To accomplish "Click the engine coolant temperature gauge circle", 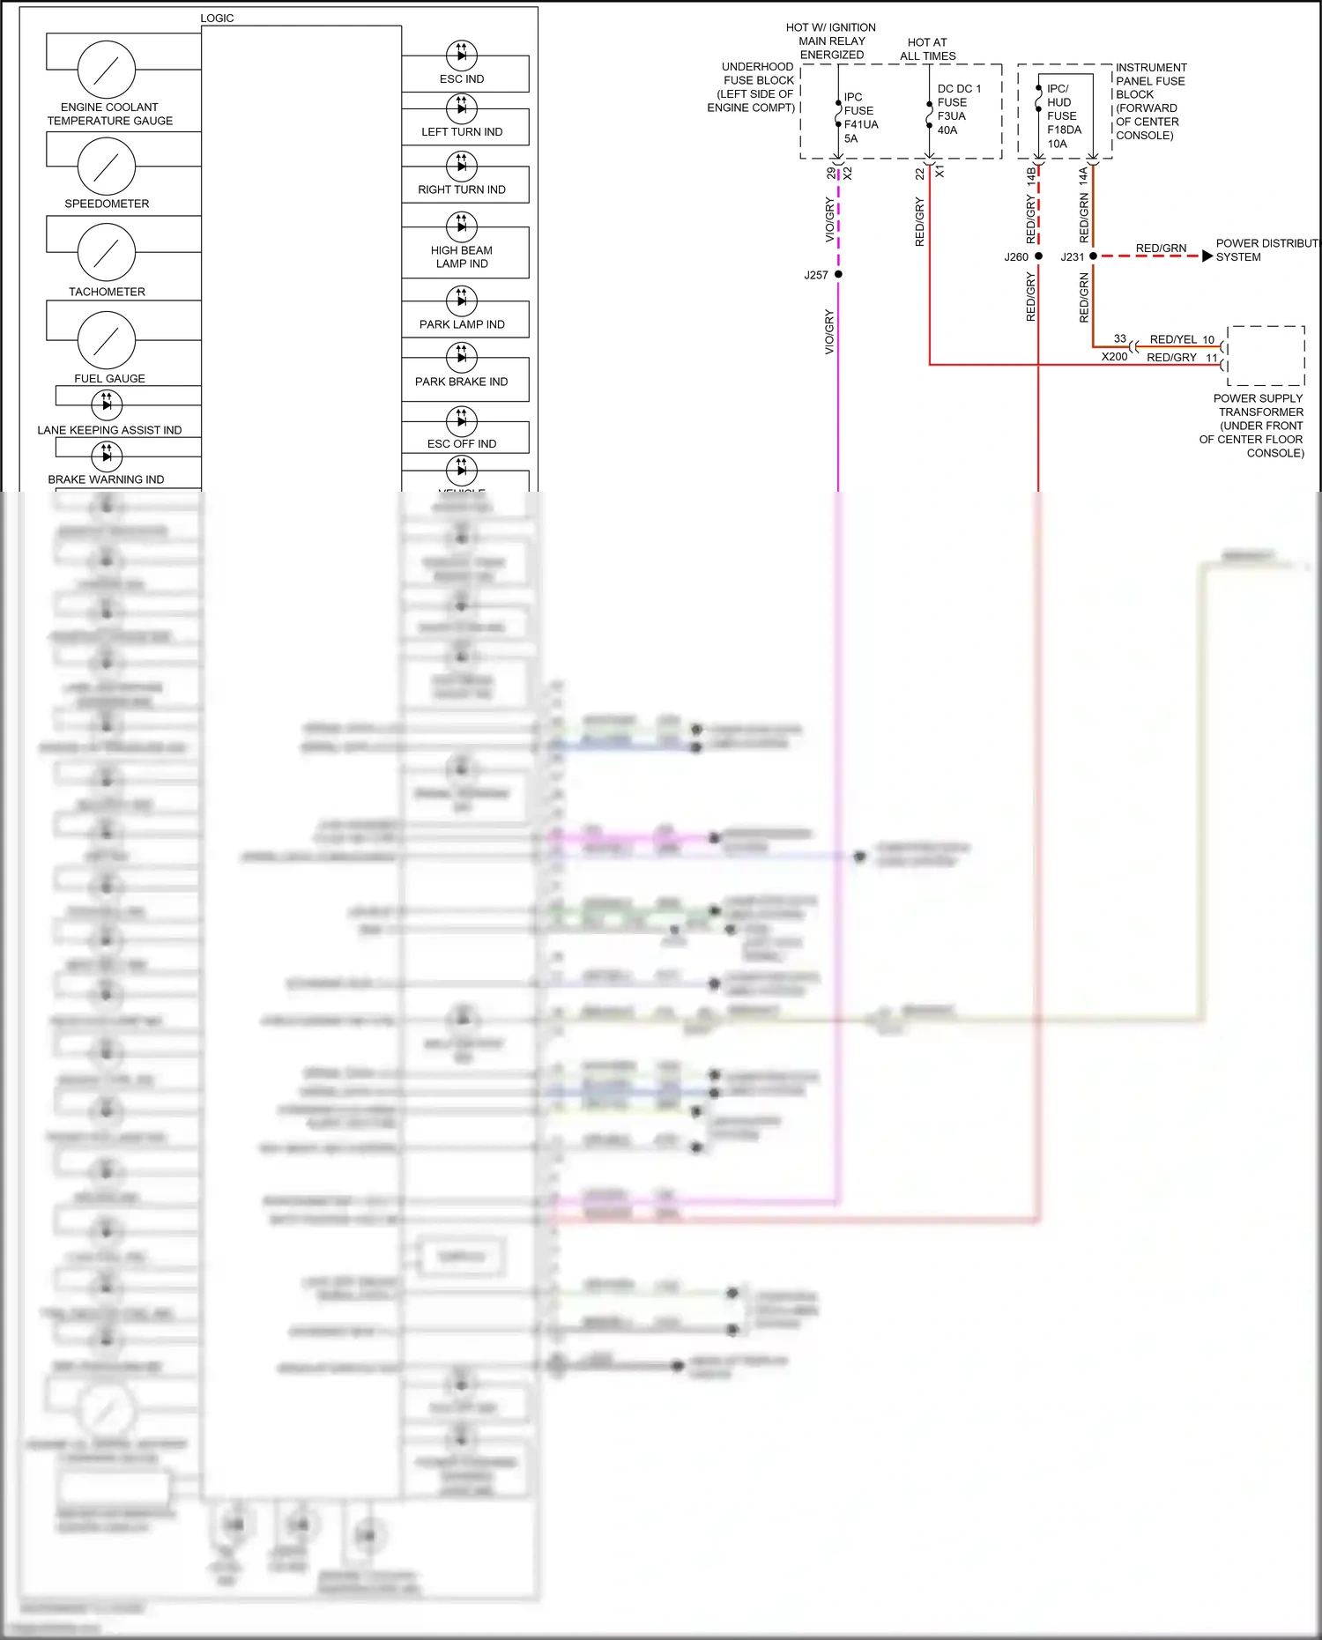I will click(x=107, y=70).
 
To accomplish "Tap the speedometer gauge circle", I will click(x=107, y=167).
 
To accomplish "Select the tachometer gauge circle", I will click(x=107, y=253).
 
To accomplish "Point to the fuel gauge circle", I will click(x=107, y=340).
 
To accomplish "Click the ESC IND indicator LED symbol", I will click(x=462, y=56).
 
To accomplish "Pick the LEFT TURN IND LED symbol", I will click(x=462, y=108).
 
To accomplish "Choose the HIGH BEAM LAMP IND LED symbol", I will click(x=462, y=226).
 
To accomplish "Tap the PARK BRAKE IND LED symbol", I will click(x=462, y=357).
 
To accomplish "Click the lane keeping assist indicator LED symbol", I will click(x=107, y=404).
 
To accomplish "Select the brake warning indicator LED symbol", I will click(x=107, y=456).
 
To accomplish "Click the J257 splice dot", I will click(x=838, y=275).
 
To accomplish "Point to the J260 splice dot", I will click(x=1038, y=256).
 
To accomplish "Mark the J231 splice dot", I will click(x=1093, y=256).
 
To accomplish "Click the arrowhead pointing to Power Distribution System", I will click(x=1207, y=256).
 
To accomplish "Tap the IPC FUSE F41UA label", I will click(x=859, y=117).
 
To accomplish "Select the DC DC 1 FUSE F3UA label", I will click(x=957, y=109).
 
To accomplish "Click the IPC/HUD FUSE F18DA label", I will click(x=1063, y=115).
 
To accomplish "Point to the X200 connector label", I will click(x=1114, y=357).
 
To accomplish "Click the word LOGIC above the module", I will click(x=217, y=18).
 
